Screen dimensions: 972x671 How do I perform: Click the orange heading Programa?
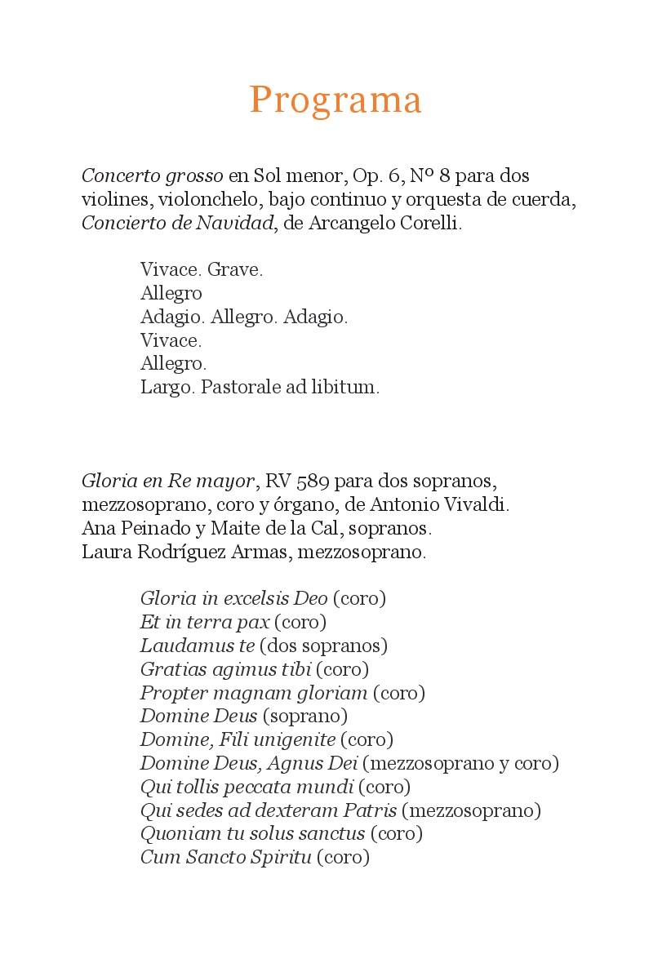(x=335, y=100)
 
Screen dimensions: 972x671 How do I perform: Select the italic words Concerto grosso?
(x=152, y=175)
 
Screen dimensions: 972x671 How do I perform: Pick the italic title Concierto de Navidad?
(x=177, y=223)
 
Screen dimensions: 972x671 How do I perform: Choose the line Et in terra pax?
(x=205, y=622)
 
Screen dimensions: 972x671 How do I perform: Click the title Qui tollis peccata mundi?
(x=247, y=787)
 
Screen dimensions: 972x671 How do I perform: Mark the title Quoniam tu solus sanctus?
(x=252, y=834)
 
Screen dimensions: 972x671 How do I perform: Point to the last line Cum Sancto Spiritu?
(x=225, y=858)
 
